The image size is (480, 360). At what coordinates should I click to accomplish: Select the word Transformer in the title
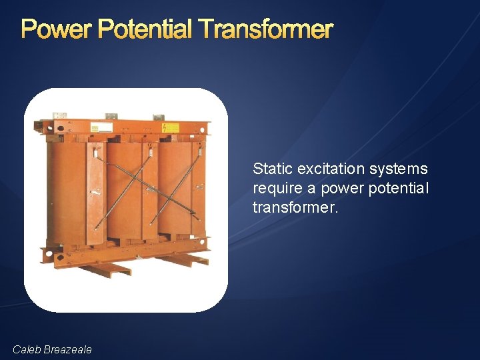tap(265, 29)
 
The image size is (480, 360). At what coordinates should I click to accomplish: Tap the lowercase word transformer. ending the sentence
tap(295, 208)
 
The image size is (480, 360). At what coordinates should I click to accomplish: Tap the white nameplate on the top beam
tap(101, 127)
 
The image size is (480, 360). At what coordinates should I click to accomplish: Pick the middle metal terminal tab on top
tap(111, 116)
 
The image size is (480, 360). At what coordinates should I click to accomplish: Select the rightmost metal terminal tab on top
tap(159, 117)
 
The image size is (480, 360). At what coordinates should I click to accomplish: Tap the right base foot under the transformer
tap(183, 260)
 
